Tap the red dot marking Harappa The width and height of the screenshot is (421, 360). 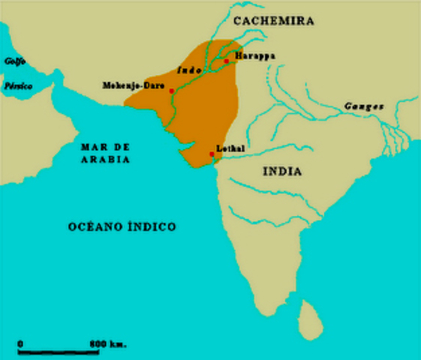point(227,61)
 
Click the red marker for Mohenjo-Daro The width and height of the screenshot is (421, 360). point(172,91)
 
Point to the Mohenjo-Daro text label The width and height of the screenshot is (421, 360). point(133,85)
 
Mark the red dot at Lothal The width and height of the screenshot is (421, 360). point(212,154)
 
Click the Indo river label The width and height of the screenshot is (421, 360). point(187,69)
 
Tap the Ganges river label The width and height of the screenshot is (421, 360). point(364,106)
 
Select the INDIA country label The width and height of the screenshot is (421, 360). point(283,172)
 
